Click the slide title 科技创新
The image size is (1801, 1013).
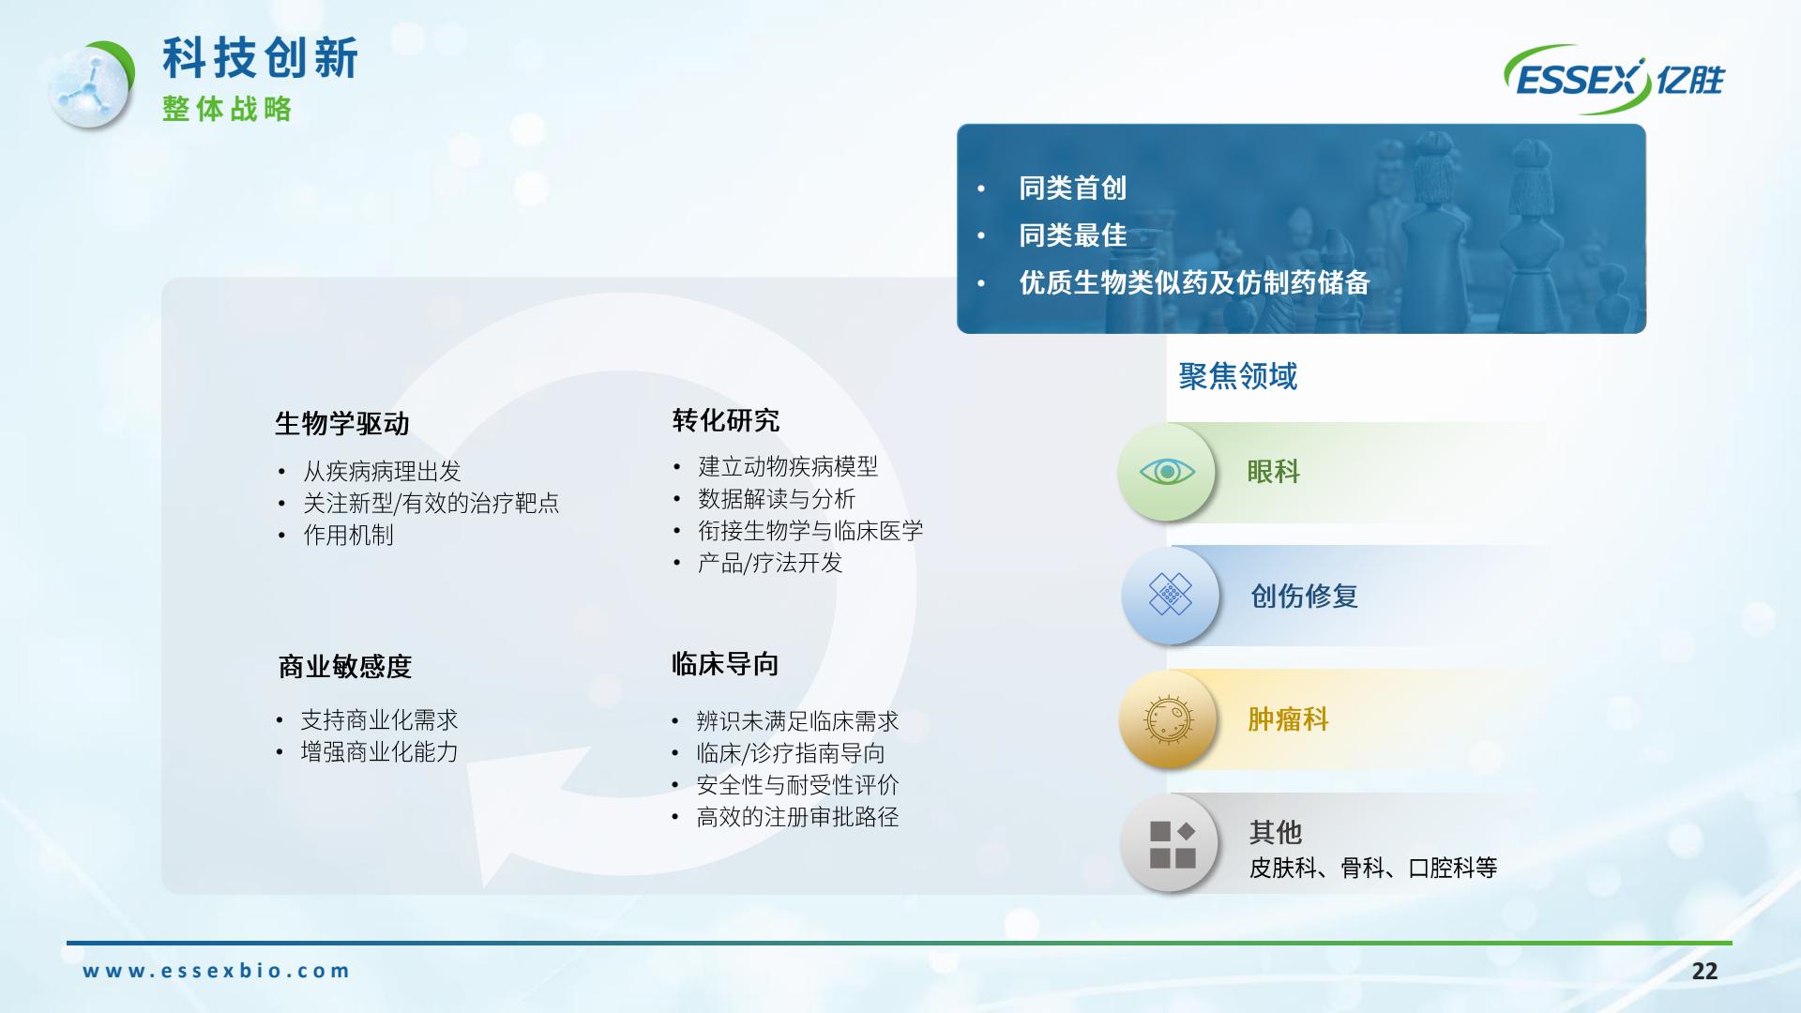tap(261, 58)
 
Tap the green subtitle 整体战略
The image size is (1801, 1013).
tap(227, 109)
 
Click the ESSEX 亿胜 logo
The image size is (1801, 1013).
tap(1614, 80)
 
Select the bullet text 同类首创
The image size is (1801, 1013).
tap(1073, 189)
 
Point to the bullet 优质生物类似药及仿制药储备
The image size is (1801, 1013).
tap(1194, 282)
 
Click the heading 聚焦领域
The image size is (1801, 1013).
tap(1238, 376)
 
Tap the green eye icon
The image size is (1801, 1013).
tap(1167, 472)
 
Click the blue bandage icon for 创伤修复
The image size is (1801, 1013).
tap(1170, 595)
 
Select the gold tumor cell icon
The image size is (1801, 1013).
tap(1168, 719)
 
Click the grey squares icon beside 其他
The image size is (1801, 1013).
tap(1170, 843)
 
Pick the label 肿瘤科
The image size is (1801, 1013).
tap(1288, 719)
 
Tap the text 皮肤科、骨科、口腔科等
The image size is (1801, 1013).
tap(1373, 868)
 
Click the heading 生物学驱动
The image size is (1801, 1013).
tap(342, 424)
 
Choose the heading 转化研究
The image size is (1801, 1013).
tap(726, 420)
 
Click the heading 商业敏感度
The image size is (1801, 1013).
tap(345, 667)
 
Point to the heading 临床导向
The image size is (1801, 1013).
tap(725, 664)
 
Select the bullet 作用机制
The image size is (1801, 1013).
tap(348, 536)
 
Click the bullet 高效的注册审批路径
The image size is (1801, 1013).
tap(797, 817)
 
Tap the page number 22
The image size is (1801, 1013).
tap(1704, 971)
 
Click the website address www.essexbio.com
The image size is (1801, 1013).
tap(217, 971)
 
